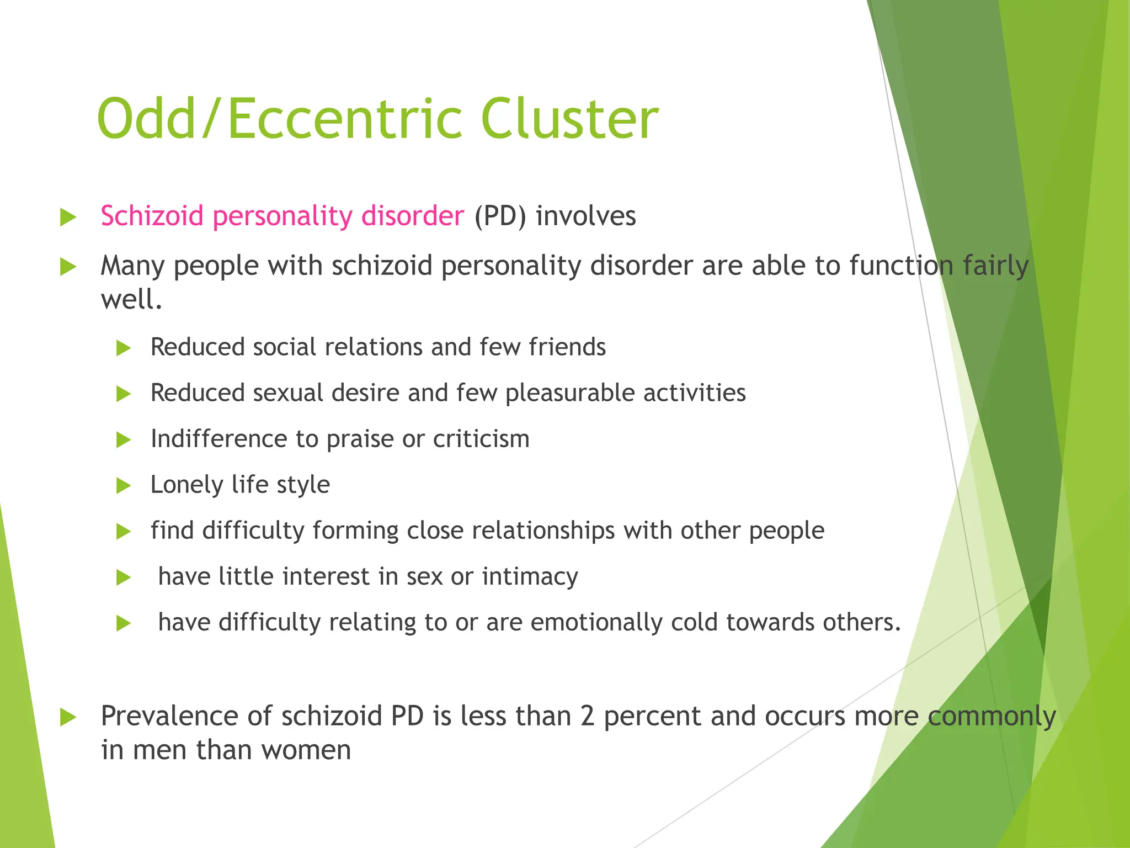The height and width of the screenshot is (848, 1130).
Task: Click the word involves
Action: click(x=585, y=216)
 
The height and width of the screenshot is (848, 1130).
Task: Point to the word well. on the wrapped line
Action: click(x=131, y=300)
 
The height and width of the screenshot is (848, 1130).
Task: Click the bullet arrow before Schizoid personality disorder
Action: click(x=68, y=217)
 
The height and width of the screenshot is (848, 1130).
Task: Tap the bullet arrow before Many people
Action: click(x=68, y=267)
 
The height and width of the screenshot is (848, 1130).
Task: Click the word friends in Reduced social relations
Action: click(x=567, y=347)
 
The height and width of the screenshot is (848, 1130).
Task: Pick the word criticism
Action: click(x=481, y=439)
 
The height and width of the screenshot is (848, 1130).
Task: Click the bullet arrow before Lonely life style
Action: click(x=124, y=486)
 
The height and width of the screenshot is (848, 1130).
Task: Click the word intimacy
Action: click(x=530, y=577)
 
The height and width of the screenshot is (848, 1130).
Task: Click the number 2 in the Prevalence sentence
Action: click(x=587, y=716)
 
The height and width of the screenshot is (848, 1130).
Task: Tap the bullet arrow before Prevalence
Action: click(x=68, y=718)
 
